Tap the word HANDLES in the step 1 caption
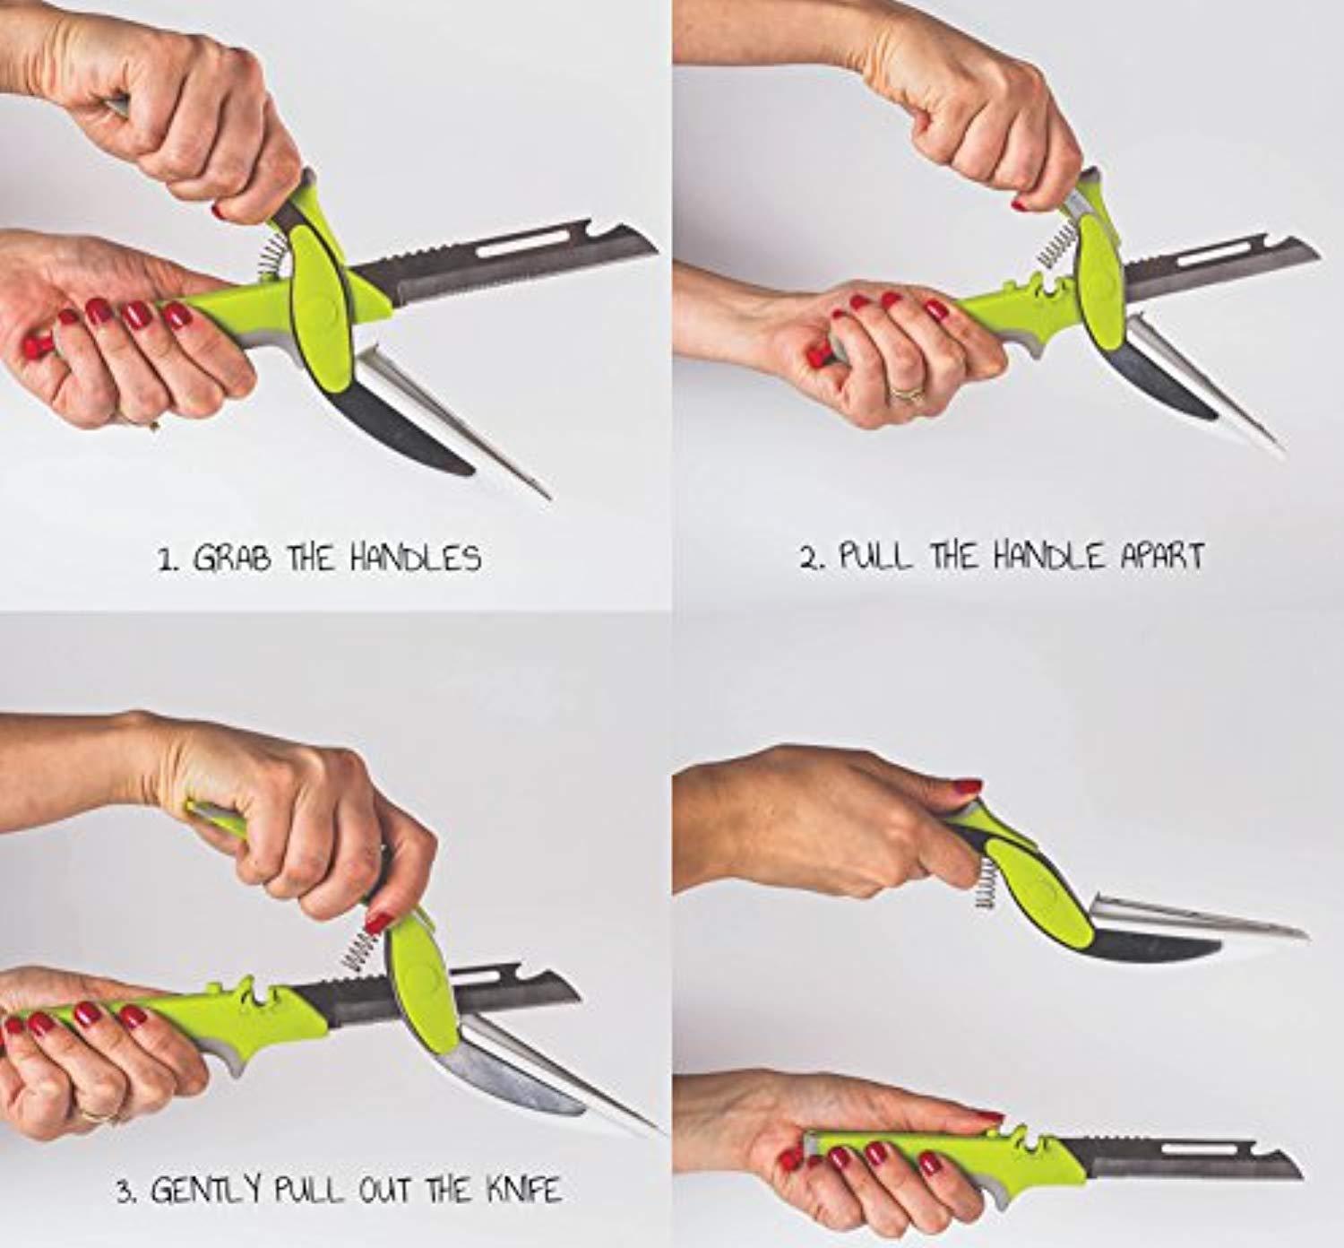(x=416, y=559)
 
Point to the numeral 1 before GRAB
(x=165, y=560)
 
